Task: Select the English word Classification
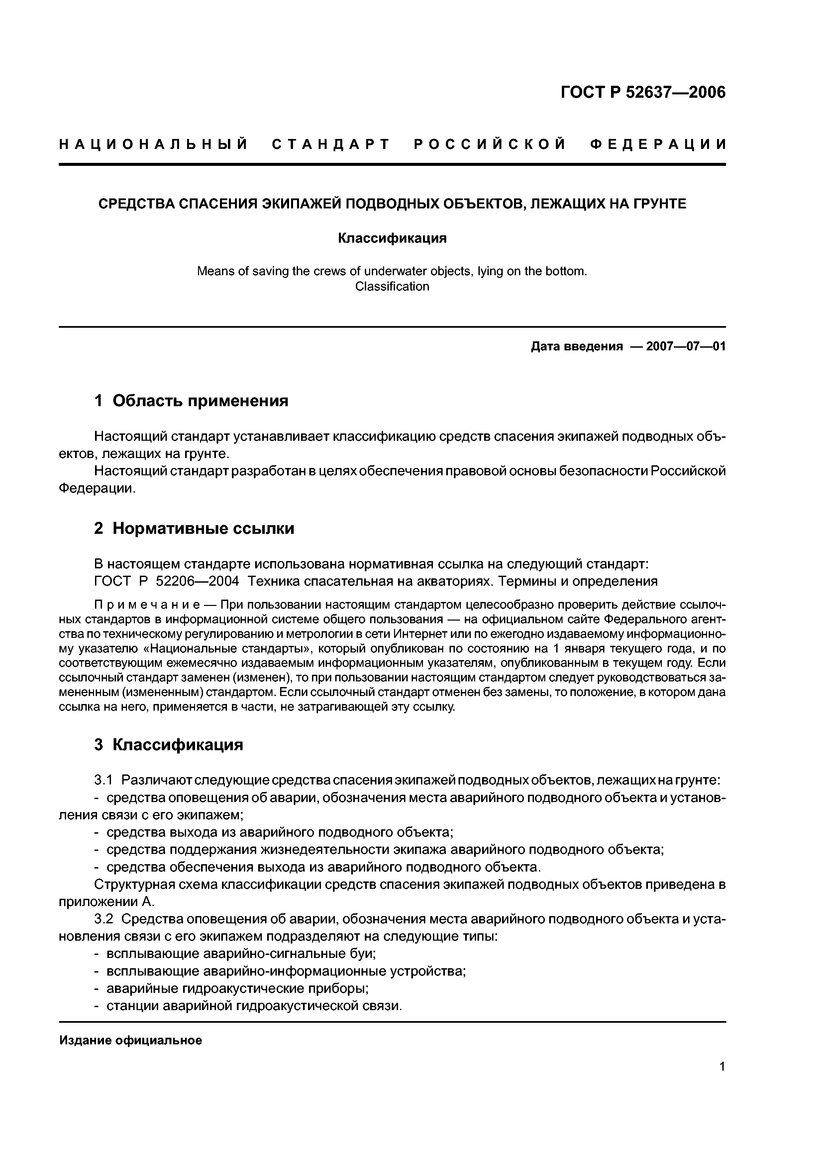[x=392, y=287]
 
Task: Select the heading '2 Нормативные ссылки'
[x=194, y=528]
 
